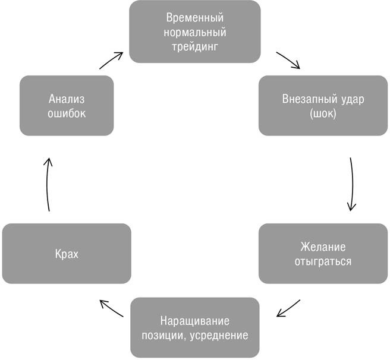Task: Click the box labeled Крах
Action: point(67,254)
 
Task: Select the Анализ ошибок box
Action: point(67,105)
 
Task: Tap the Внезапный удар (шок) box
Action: point(323,105)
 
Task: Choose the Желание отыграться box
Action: point(323,254)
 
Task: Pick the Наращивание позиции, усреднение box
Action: point(194,328)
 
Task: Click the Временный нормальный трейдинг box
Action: point(194,31)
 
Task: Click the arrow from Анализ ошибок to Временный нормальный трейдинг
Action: point(111,61)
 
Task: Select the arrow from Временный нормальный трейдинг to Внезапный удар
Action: point(289,61)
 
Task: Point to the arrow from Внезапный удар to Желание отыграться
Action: point(352,184)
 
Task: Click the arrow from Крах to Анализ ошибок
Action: point(49,184)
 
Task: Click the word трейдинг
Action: point(194,45)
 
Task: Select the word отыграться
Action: point(323,261)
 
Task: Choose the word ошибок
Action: point(67,113)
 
